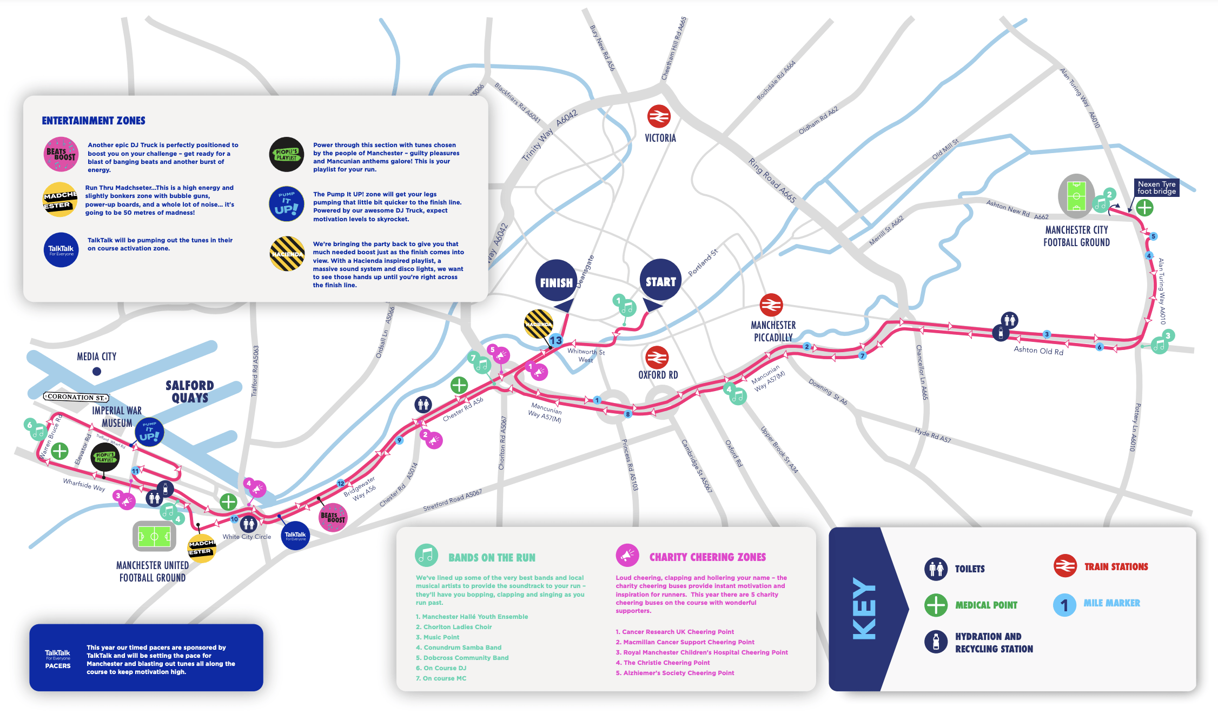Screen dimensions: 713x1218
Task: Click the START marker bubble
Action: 660,280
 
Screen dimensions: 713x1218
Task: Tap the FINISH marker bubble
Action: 556,281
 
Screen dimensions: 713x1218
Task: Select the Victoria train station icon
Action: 659,116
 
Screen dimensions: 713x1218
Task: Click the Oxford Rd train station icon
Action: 657,358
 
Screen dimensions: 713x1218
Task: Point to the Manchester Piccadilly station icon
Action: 771,305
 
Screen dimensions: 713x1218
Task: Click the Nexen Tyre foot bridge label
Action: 1156,188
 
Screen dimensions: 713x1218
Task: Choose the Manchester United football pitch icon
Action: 155,537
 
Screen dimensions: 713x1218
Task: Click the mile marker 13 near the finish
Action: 556,340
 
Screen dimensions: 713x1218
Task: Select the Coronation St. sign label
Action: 76,397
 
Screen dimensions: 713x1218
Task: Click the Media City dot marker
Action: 97,371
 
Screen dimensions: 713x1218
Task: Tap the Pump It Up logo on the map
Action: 149,432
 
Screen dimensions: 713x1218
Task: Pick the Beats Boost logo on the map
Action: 333,517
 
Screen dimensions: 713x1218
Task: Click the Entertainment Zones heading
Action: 94,121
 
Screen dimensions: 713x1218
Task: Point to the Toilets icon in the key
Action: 936,569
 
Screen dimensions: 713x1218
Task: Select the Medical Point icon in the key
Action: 936,605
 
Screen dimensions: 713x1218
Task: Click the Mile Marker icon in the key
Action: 1064,604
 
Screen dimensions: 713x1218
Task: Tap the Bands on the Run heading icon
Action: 426,555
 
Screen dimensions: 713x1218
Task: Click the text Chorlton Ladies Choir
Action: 457,627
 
